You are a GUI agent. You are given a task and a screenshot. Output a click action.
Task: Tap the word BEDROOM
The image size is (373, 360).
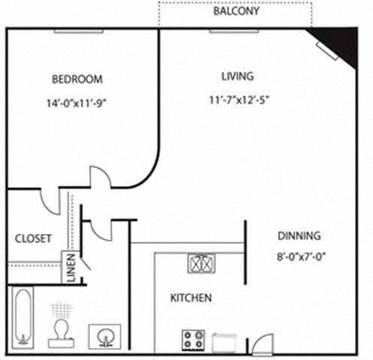click(x=77, y=79)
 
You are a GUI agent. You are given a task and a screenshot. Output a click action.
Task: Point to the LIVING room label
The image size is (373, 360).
click(x=237, y=76)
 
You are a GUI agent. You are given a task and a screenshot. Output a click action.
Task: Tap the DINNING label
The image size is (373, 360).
click(x=299, y=235)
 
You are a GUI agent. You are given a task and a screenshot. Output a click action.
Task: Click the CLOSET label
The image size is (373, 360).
click(x=33, y=238)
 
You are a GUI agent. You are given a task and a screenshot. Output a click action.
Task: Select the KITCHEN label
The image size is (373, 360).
click(x=191, y=298)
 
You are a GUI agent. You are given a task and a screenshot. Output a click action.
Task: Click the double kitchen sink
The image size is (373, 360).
click(x=200, y=263)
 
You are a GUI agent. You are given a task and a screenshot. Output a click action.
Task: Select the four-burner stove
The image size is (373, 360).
click(x=193, y=340)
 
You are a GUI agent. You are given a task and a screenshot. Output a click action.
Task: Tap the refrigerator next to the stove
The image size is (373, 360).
click(x=225, y=341)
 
